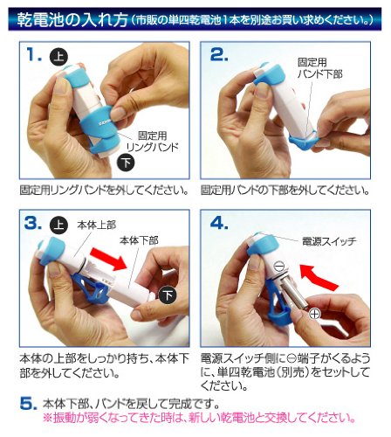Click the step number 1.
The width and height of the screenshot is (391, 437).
34,54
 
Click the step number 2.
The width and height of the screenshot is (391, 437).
219,54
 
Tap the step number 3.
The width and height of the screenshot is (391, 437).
33,224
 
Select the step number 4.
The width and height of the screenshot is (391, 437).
219,224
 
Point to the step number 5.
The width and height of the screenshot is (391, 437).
29,404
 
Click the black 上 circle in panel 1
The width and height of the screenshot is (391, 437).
58,56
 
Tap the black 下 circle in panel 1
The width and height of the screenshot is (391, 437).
126,163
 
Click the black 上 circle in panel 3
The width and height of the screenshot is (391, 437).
58,225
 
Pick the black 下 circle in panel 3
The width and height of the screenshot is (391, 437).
168,295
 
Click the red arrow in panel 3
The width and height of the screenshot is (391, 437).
108,259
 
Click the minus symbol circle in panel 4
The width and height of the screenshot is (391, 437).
279,266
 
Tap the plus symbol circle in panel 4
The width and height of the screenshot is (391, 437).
315,314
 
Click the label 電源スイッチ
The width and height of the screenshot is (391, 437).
329,241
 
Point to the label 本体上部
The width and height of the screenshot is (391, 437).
97,225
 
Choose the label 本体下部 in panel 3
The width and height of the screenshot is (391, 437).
139,240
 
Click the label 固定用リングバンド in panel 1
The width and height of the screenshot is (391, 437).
153,142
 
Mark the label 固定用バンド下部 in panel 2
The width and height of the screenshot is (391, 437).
319,68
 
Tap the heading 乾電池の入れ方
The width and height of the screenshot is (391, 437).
72,20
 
